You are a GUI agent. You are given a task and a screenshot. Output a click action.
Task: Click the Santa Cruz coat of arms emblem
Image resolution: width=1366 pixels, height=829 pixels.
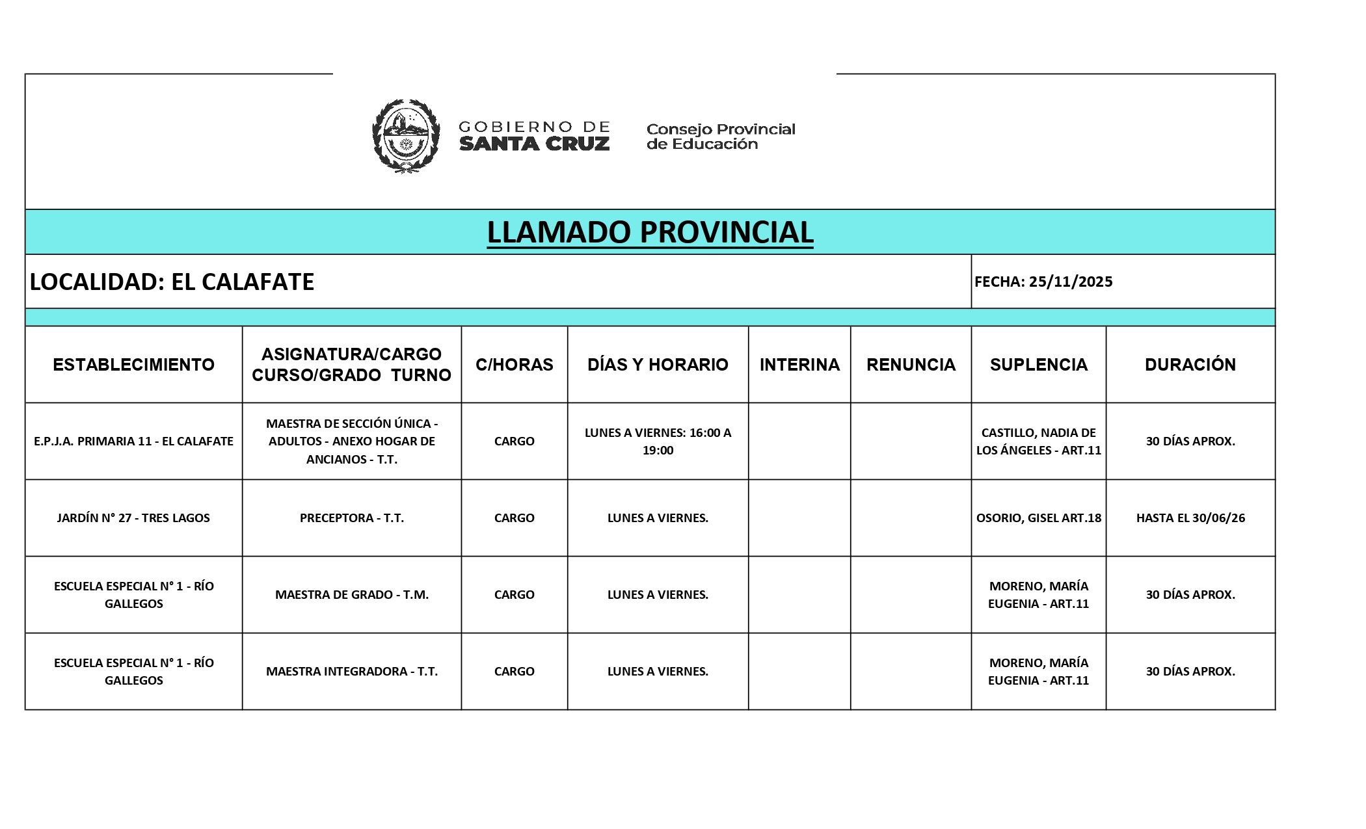click(x=405, y=136)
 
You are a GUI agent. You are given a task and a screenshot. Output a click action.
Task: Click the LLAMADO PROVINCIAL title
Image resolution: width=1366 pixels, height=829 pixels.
click(x=650, y=232)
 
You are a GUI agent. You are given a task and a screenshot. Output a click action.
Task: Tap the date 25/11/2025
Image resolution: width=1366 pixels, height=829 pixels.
click(x=1070, y=282)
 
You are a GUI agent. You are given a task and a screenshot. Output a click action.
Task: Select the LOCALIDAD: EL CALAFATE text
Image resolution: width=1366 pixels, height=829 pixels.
click(x=172, y=282)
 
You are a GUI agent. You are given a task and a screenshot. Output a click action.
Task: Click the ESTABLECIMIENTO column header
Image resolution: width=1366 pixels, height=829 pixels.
click(x=133, y=364)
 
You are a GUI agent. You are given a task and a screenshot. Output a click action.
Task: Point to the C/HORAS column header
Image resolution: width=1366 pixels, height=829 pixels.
click(x=514, y=364)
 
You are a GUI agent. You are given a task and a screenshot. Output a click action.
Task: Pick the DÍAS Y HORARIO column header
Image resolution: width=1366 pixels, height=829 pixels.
click(x=658, y=364)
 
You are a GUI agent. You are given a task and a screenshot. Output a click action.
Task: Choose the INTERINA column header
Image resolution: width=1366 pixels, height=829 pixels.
click(x=799, y=364)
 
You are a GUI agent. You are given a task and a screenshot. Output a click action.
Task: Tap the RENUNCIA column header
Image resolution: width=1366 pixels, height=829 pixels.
click(x=911, y=364)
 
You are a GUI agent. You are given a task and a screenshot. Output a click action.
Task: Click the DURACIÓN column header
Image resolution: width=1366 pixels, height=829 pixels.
click(x=1190, y=364)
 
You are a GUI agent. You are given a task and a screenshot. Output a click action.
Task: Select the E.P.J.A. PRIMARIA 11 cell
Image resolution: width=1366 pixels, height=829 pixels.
click(x=133, y=441)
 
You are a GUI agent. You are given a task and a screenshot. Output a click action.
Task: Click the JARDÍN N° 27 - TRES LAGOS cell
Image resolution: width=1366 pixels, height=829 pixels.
click(x=133, y=518)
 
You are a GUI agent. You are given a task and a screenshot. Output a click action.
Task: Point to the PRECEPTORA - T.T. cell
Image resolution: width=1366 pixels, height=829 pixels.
click(x=352, y=518)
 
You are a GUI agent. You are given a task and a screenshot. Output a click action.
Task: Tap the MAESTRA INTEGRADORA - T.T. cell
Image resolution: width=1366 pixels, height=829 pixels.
click(x=352, y=671)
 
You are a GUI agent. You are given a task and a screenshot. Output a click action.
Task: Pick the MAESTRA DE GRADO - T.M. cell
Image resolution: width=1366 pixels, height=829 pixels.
click(x=352, y=594)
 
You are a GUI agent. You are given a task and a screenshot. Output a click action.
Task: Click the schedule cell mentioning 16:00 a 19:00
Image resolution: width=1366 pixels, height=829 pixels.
click(x=658, y=441)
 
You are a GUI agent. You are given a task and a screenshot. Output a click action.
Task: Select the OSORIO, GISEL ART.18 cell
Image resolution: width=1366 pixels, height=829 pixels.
click(x=1039, y=518)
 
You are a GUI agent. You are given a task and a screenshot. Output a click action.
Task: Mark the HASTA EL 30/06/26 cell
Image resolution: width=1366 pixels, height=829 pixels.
click(x=1190, y=518)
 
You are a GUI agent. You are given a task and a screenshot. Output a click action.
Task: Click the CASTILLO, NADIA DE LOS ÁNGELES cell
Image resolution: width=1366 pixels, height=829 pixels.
click(x=1039, y=441)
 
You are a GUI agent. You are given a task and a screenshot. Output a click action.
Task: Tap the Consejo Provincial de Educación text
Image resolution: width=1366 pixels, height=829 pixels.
click(x=721, y=137)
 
